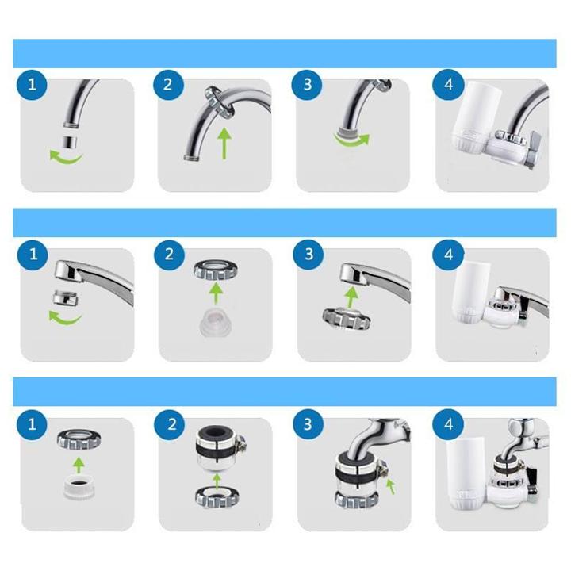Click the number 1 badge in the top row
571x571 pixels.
click(x=32, y=85)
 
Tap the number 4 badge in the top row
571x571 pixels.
click(x=448, y=85)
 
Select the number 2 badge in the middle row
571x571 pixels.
click(x=170, y=255)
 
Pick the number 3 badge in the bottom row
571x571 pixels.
click(x=308, y=424)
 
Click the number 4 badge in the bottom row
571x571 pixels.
click(x=448, y=424)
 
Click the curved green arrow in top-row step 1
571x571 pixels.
click(x=66, y=158)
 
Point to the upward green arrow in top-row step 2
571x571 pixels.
click(x=224, y=143)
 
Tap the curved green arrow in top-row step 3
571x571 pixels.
click(x=352, y=140)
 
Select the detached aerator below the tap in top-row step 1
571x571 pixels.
click(x=71, y=143)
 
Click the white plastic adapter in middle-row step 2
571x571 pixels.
click(x=216, y=323)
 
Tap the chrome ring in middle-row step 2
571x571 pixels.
click(x=216, y=270)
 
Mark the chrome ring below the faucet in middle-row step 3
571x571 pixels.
click(x=347, y=318)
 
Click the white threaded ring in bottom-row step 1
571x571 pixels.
click(x=79, y=486)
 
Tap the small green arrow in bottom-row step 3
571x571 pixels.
click(x=390, y=486)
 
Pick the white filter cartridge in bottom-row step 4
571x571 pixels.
click(x=466, y=473)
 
